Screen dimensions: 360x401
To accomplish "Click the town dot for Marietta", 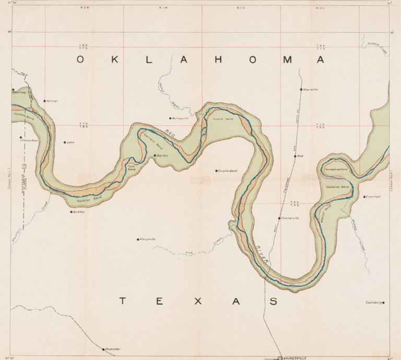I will pos(301,89).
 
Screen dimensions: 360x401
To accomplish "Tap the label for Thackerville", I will pos(290,218).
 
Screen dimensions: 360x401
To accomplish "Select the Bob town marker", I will pos(295,156).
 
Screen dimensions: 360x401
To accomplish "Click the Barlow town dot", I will pos(155,156).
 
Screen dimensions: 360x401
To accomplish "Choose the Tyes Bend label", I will pos(132,169).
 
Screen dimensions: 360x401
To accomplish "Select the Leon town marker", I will pos(65,142).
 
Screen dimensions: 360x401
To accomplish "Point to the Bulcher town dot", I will pos(72,212).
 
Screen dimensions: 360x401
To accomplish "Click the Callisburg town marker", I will pos(384,303).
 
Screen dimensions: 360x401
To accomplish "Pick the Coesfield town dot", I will pos(364,197).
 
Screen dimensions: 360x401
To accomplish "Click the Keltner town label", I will pos(52,100).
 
